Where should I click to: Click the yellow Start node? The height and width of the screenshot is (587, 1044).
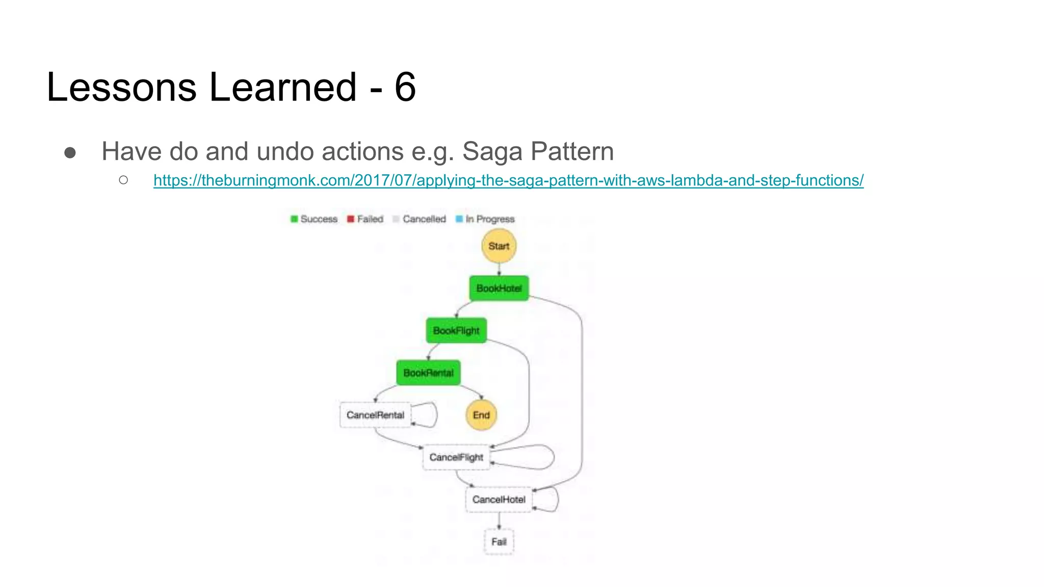(499, 246)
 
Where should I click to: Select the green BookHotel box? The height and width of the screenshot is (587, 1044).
(499, 288)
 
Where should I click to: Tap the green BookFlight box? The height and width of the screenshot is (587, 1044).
(456, 331)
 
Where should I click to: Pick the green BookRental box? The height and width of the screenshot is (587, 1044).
(428, 373)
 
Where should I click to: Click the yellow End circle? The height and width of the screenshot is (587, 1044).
(481, 415)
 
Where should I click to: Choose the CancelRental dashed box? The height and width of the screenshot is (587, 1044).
(375, 415)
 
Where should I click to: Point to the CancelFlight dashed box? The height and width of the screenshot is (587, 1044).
(456, 458)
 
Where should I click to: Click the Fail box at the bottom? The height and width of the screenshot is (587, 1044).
(499, 542)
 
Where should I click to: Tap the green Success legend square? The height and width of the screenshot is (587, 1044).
(294, 219)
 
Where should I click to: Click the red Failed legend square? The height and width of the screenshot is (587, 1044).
(351, 219)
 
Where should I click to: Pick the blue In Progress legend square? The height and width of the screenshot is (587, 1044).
(459, 219)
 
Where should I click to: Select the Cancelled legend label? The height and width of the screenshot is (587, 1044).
(424, 219)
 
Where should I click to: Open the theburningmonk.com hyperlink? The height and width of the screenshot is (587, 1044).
(508, 180)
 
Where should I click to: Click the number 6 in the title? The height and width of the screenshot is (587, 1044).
(405, 87)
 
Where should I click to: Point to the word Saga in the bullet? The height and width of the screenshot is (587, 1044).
(492, 151)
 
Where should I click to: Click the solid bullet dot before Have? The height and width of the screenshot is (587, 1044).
(70, 153)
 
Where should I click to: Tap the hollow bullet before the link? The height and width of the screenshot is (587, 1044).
(123, 180)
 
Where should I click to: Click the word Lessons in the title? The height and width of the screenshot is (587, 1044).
(121, 87)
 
